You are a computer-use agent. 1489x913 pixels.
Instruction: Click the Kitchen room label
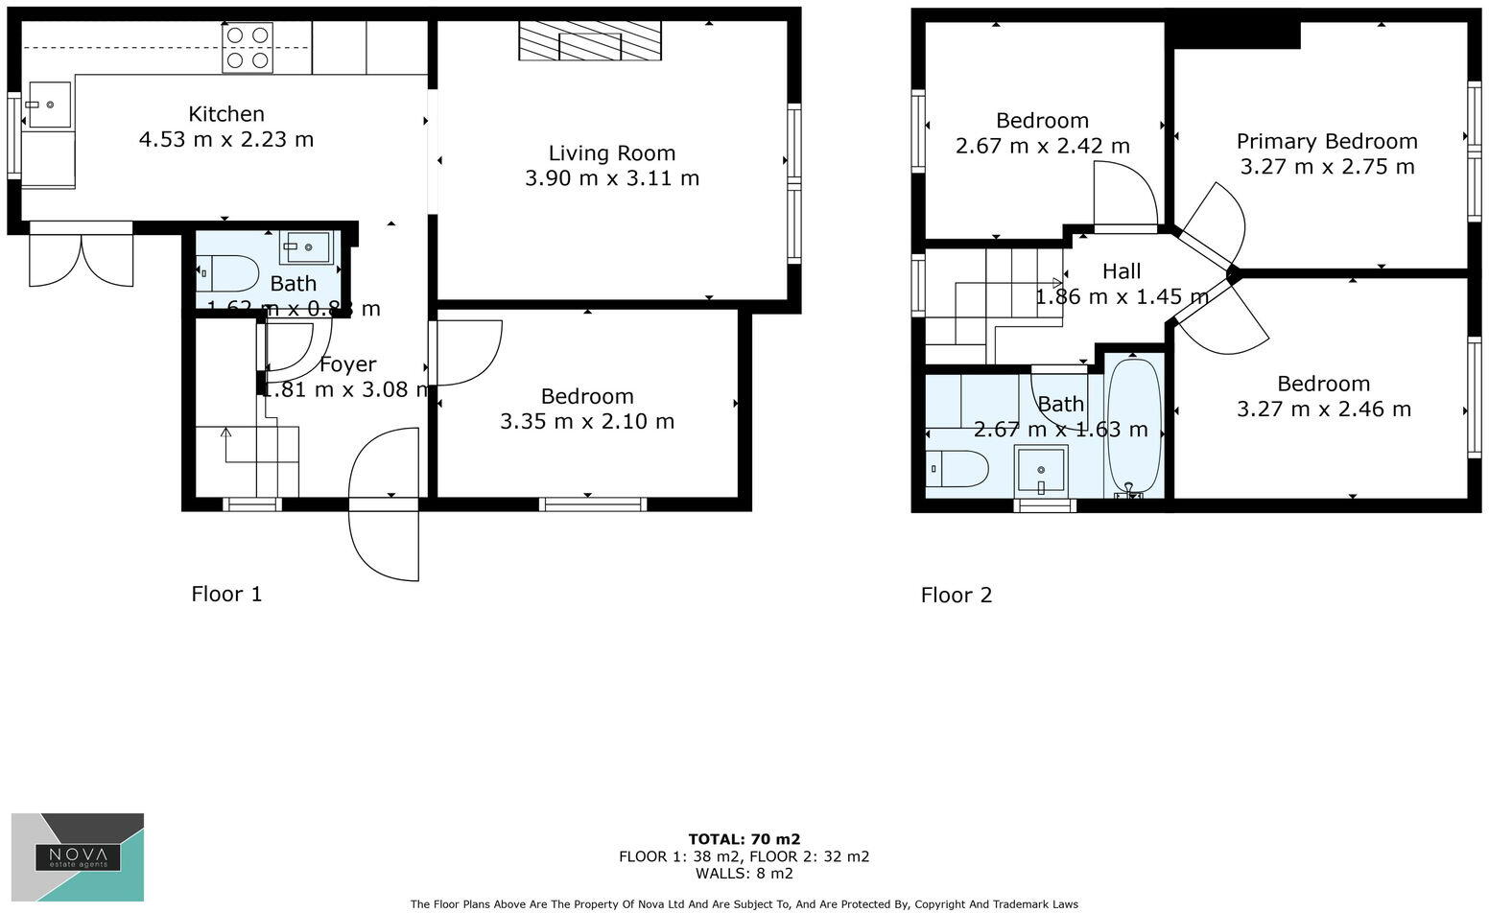tap(225, 114)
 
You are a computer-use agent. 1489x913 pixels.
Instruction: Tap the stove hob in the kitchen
tap(247, 48)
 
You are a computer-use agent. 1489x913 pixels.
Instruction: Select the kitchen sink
tap(49, 105)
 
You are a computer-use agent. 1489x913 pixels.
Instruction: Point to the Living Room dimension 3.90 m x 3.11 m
tap(611, 178)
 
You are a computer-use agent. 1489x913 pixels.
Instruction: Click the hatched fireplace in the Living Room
tap(590, 40)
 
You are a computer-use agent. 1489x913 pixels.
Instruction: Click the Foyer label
tap(347, 364)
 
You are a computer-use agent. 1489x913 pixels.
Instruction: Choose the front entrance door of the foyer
tap(385, 504)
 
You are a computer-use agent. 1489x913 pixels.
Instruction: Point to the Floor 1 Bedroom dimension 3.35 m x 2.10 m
tap(586, 422)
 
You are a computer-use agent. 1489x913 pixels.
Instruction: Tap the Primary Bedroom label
tap(1326, 142)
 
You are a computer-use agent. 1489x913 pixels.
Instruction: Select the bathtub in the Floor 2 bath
tap(1134, 426)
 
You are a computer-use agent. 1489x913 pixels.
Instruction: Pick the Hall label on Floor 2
tap(1121, 271)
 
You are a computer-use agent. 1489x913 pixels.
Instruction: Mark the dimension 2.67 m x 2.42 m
tap(1042, 147)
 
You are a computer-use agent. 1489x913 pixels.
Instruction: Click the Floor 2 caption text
tap(956, 596)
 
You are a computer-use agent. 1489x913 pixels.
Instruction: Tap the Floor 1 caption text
tap(226, 595)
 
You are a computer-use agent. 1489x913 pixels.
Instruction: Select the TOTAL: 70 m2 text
tap(744, 839)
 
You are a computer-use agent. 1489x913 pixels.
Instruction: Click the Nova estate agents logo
tap(78, 856)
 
